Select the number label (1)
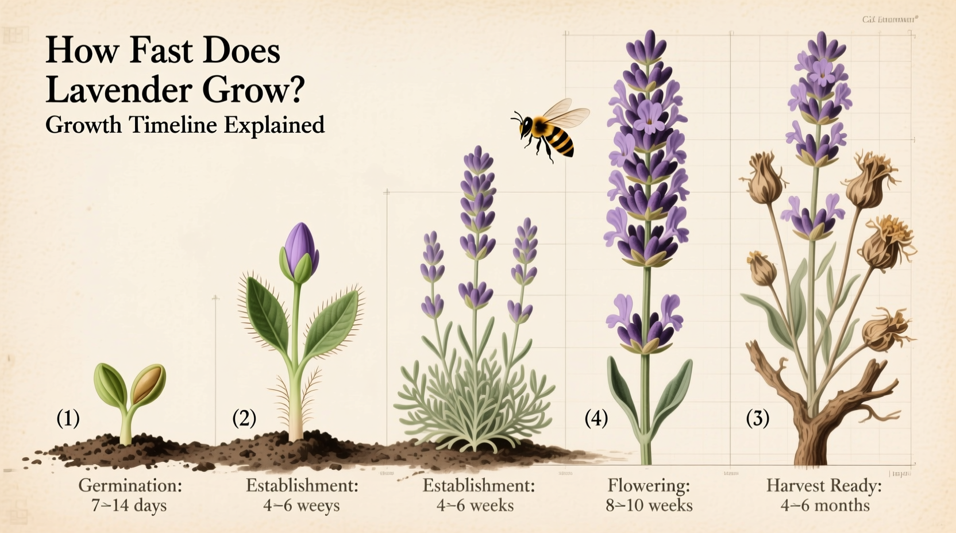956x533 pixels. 68,418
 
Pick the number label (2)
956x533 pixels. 244,418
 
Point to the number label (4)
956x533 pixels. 596,418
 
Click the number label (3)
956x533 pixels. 758,418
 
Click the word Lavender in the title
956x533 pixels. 118,90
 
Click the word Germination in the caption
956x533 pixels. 129,486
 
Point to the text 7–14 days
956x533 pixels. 129,506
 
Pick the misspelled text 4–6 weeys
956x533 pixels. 302,506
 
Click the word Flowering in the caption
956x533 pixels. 648,486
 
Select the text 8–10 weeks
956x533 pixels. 649,506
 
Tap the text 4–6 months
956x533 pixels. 825,506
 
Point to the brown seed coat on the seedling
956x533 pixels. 148,384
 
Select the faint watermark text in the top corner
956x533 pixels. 889,20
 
